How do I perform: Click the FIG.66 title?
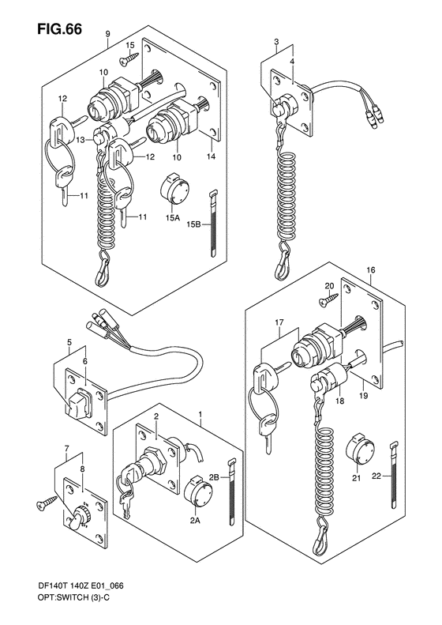(x=60, y=29)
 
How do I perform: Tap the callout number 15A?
(x=172, y=218)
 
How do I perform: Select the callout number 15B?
(x=193, y=225)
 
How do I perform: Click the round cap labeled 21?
(x=360, y=450)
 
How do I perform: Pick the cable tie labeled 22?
(x=394, y=475)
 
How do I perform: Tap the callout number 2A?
(x=195, y=520)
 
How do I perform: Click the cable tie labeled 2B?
(x=231, y=494)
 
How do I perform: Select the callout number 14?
(x=211, y=156)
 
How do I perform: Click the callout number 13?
(x=81, y=140)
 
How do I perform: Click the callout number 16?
(x=371, y=270)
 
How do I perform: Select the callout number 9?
(x=107, y=34)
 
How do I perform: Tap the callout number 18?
(x=339, y=401)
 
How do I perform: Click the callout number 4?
(x=292, y=61)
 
